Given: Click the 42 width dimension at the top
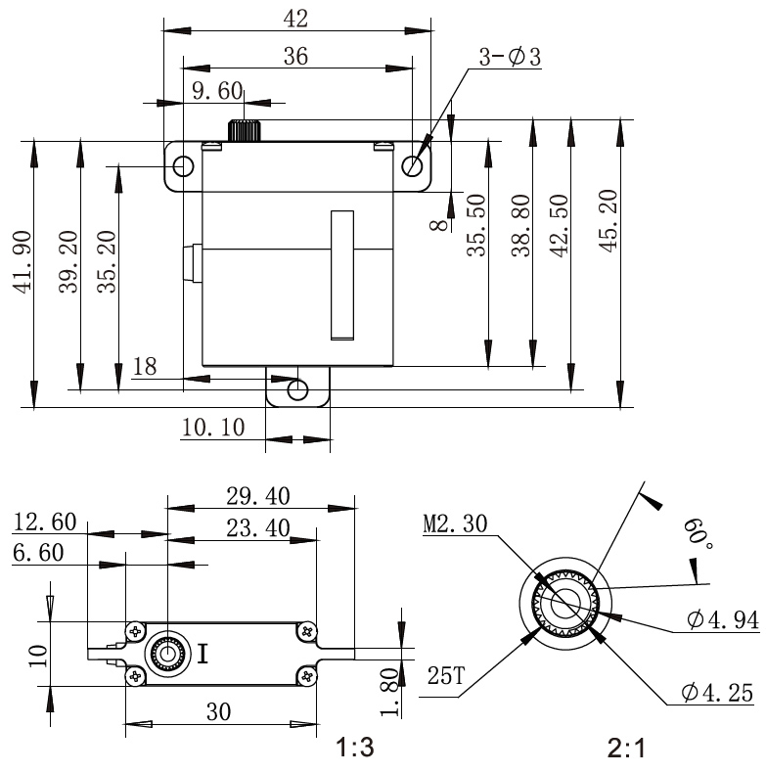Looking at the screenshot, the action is tap(295, 19).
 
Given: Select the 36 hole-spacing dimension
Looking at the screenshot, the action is tap(295, 56).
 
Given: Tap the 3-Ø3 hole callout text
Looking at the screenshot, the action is tap(510, 57).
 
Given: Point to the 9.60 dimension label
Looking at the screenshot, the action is tap(217, 91).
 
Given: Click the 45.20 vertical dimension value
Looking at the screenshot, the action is tap(608, 221).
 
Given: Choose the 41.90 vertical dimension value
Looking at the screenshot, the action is tap(23, 262).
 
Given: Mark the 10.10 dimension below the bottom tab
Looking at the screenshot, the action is tap(213, 427).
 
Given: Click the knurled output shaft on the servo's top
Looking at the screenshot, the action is tap(244, 130).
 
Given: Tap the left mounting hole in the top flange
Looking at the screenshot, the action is tap(183, 166).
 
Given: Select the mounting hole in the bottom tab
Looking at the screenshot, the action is tap(297, 390).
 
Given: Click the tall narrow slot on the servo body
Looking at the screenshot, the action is tap(342, 275).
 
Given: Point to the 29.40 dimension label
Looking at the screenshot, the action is tap(258, 496).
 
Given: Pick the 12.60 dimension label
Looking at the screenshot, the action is tap(44, 523).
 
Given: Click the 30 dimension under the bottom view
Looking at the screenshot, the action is tap(218, 711).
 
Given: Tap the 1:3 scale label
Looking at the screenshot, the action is tap(355, 748).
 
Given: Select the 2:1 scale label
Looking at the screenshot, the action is tap(626, 749).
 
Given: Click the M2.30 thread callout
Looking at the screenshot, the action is tap(455, 523).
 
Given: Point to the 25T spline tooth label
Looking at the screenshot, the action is tap(445, 675).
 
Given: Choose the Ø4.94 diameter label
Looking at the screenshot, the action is tap(723, 619).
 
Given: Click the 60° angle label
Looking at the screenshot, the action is tap(698, 533).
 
